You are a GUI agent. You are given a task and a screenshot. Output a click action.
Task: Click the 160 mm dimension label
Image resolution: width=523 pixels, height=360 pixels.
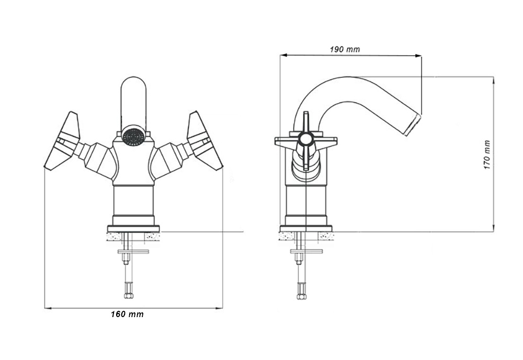pyautogui.click(x=127, y=314)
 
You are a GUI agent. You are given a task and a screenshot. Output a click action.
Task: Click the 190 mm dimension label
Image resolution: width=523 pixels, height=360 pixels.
pyautogui.click(x=345, y=49)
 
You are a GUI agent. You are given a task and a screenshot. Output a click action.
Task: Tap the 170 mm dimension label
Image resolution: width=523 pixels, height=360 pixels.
pyautogui.click(x=487, y=154)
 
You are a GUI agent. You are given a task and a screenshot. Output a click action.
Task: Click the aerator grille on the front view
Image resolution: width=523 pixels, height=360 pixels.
pyautogui.click(x=134, y=137)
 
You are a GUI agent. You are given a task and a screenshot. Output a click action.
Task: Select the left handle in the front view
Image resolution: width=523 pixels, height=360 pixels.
pyautogui.click(x=63, y=142)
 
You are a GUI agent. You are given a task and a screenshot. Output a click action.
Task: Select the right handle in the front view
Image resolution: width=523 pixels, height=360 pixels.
pyautogui.click(x=204, y=142)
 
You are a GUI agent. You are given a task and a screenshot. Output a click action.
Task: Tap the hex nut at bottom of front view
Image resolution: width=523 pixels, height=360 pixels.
pyautogui.click(x=129, y=296)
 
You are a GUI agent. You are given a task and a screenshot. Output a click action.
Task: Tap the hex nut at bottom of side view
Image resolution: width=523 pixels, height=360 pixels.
pyautogui.click(x=301, y=296)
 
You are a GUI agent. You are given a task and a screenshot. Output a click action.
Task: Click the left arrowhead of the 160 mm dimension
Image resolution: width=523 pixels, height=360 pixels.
pyautogui.click(x=48, y=308)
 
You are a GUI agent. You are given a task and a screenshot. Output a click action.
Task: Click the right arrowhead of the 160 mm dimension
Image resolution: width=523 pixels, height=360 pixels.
pyautogui.click(x=219, y=308)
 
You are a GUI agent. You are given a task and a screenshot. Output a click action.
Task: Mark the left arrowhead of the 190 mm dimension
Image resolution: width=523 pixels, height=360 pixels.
pyautogui.click(x=284, y=55)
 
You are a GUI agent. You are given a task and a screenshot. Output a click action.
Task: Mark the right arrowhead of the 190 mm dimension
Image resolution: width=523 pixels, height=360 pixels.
pyautogui.click(x=417, y=57)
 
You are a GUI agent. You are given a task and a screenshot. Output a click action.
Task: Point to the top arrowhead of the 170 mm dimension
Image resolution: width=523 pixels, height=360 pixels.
pyautogui.click(x=493, y=81)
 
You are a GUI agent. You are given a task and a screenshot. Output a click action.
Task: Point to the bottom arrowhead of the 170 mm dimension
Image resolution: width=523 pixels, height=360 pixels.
pyautogui.click(x=493, y=227)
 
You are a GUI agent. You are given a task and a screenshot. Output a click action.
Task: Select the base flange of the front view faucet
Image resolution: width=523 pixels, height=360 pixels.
pyautogui.click(x=133, y=229)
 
